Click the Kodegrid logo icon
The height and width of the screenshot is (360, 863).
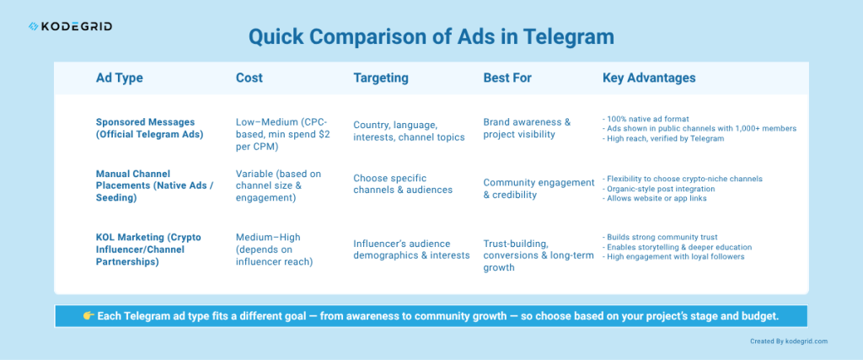(x=33, y=27)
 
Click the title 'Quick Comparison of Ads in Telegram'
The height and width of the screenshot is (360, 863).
(x=431, y=37)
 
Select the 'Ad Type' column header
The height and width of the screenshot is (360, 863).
(x=119, y=78)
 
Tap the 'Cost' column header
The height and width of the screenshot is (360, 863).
(x=249, y=78)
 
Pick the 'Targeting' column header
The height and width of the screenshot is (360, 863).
(x=380, y=78)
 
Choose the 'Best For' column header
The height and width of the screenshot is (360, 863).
(x=507, y=78)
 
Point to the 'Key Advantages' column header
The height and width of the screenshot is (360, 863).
(x=649, y=78)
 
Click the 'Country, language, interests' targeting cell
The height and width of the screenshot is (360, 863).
(x=409, y=131)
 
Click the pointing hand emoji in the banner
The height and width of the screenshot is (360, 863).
(x=88, y=315)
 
